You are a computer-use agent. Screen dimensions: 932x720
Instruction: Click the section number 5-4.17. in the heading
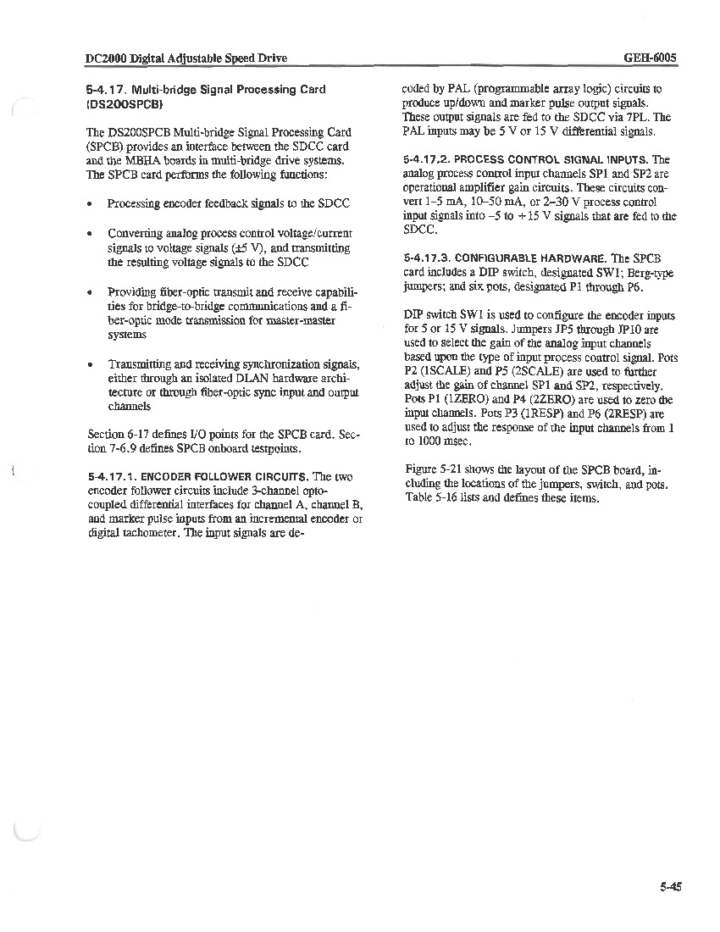tap(108, 90)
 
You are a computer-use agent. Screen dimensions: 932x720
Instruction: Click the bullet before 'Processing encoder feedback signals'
tap(90, 204)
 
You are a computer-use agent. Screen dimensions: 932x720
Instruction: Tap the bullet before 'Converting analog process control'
tap(90, 233)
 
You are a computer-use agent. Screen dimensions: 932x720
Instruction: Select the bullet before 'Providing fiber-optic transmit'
tap(90, 292)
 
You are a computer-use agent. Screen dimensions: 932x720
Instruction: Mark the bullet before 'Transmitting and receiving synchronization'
tap(90, 364)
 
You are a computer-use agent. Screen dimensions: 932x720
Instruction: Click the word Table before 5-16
tap(418, 498)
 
